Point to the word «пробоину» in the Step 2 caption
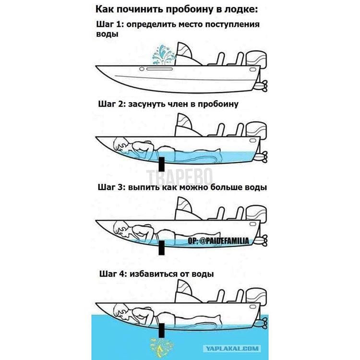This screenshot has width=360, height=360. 218,105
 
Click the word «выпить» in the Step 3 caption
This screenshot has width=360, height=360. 144,187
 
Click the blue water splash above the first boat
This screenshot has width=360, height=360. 164,56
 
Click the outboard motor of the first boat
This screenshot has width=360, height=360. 256,61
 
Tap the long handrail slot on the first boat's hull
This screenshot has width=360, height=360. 159,69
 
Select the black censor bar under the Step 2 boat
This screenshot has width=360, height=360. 162,164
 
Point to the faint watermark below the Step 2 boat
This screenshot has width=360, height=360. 179,177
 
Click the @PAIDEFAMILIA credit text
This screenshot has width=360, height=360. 218,240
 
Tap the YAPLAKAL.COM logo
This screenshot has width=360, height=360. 232,349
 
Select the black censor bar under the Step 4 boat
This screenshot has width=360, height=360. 162,330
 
